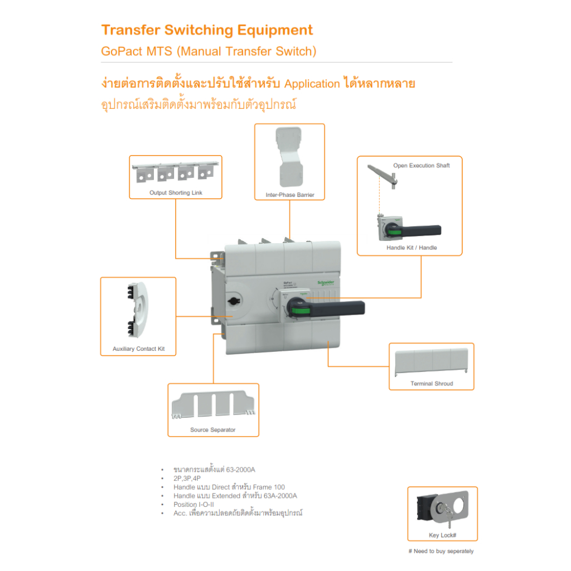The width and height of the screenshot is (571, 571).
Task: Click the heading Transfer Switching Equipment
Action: point(207,30)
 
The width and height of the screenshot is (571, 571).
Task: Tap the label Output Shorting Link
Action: point(176,193)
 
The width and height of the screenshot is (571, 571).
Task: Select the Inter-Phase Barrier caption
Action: point(290,195)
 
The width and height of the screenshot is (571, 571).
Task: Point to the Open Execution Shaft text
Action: point(421,166)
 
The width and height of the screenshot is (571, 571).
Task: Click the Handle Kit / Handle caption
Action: point(412,248)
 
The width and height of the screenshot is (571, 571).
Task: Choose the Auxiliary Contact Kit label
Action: point(139,349)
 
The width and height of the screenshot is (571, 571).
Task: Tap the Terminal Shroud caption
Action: point(432,384)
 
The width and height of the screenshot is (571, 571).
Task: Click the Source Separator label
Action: point(212,430)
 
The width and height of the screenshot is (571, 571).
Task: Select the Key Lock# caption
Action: point(443,535)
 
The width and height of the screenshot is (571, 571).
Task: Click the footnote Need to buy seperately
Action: point(441,551)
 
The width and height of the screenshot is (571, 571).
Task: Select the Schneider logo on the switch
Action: point(325,283)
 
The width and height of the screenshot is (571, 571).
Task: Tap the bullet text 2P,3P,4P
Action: point(188,478)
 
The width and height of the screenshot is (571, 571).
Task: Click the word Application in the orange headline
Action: point(312,84)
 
